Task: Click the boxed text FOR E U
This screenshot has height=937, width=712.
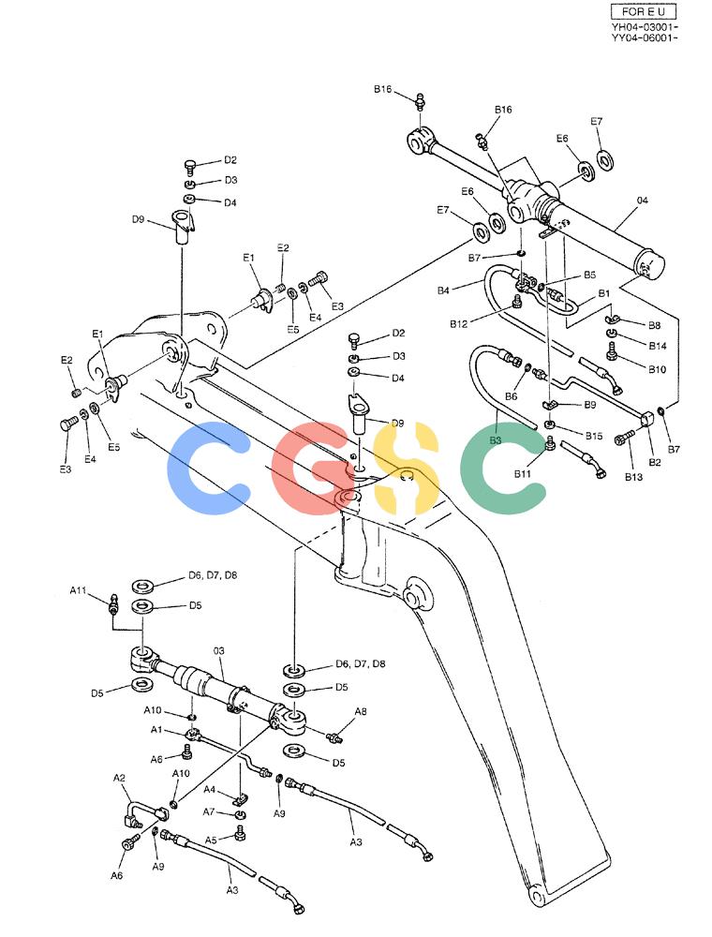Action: point(643,11)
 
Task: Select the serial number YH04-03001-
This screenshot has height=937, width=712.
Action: point(644,27)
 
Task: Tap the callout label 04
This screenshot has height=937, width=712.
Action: point(642,201)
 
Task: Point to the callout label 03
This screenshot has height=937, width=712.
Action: point(218,651)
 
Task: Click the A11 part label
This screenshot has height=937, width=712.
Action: point(79,590)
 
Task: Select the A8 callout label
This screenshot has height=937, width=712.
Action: point(361,711)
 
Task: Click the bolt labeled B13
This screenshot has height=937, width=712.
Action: point(624,439)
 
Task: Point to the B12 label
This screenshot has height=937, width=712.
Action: point(458,324)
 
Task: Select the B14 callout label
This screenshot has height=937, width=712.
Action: point(657,346)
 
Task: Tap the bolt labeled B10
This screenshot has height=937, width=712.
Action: point(611,350)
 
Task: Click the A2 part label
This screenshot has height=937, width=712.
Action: point(120,778)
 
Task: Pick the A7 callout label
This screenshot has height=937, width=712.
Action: point(209,811)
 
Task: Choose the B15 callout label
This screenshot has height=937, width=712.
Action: point(594,436)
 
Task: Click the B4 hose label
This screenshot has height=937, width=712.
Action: point(442,290)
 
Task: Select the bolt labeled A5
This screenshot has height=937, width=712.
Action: point(240,832)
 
